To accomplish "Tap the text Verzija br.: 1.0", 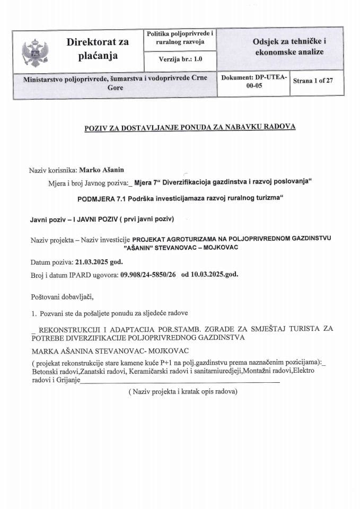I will point(180,59).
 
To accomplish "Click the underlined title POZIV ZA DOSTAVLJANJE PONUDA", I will point(190,127).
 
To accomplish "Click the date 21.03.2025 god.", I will point(99,262).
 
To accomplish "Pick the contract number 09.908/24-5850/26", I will point(148,274).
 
